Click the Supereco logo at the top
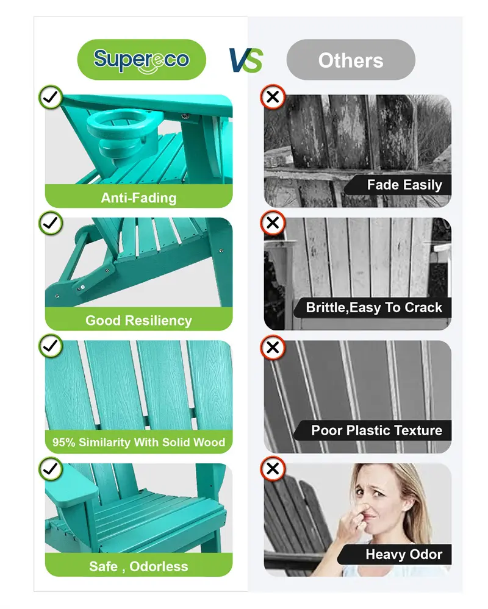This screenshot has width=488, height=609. [142, 60]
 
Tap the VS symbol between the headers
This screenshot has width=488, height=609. [246, 60]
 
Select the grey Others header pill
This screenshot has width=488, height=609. [351, 60]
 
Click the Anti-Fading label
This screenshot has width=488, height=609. [138, 198]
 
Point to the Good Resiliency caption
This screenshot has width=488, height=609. [138, 321]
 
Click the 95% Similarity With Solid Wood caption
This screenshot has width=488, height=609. [138, 442]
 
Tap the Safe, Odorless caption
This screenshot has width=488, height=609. [138, 566]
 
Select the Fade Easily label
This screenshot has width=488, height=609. [404, 185]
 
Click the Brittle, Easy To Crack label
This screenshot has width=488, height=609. [374, 308]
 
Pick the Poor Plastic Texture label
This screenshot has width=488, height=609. [376, 430]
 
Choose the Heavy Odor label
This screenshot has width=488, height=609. [404, 554]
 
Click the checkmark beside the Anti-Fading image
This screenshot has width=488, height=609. [51, 97]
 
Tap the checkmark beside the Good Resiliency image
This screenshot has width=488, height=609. [51, 223]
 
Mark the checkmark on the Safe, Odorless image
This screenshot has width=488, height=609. [51, 469]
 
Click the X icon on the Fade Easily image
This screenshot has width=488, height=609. [273, 97]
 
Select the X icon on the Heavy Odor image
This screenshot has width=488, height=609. [273, 468]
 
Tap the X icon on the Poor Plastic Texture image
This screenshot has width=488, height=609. [273, 347]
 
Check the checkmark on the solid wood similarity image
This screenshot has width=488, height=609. [51, 346]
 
